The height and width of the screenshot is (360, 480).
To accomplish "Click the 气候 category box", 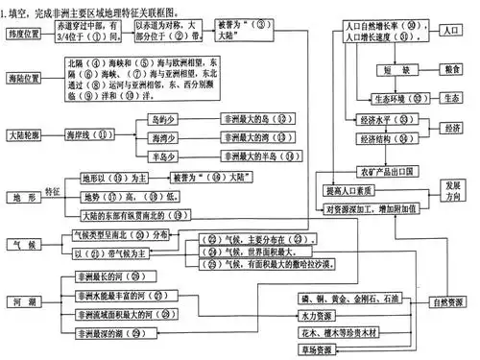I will [x=26, y=244].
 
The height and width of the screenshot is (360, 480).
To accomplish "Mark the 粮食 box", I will [x=450, y=70].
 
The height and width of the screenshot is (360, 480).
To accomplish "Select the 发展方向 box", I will [x=453, y=189].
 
